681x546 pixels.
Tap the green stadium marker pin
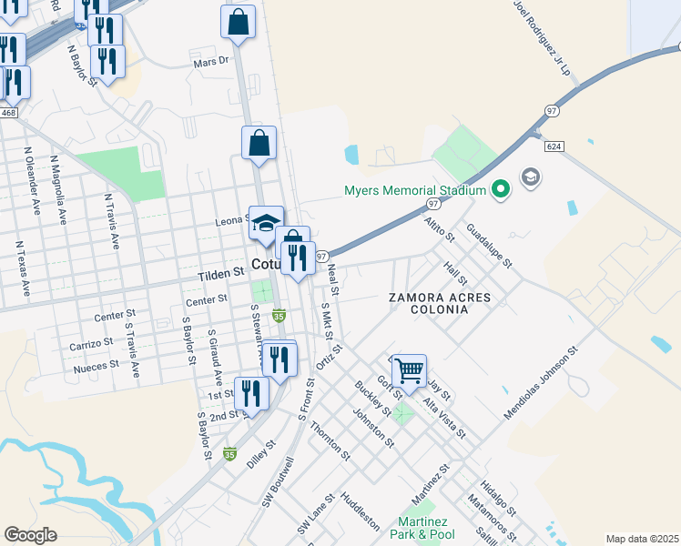[x=499, y=190]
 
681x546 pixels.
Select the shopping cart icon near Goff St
[x=410, y=370]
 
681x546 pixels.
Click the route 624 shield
[x=553, y=146]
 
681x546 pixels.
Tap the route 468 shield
[x=9, y=112]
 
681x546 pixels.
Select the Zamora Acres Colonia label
[x=439, y=304]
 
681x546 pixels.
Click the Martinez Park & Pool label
[x=425, y=528]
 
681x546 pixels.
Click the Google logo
[x=31, y=535]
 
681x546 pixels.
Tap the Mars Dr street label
[x=214, y=64]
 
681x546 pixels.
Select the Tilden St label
[x=221, y=272]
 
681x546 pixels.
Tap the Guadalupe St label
[x=490, y=245]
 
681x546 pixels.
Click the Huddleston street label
[x=360, y=511]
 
